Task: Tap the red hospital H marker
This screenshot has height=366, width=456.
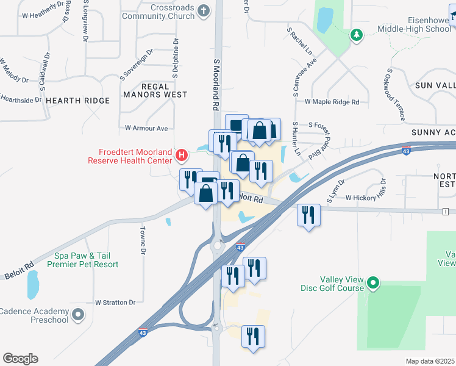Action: (x=181, y=156)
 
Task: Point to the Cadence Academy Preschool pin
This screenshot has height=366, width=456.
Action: (x=77, y=315)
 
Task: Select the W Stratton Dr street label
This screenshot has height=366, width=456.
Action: (x=115, y=302)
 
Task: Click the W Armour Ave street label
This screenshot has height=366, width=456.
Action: (x=146, y=128)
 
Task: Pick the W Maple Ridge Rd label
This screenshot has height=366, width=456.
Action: (x=332, y=102)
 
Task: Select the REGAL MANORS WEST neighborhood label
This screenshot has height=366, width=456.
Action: (x=155, y=90)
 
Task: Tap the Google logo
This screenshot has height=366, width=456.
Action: (x=20, y=359)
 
